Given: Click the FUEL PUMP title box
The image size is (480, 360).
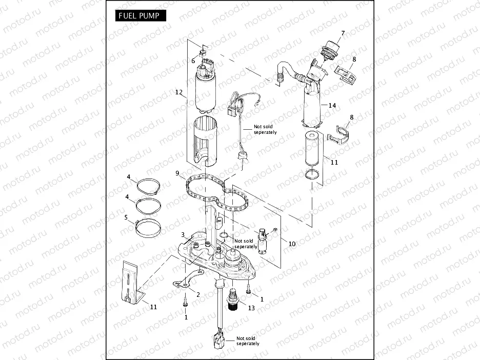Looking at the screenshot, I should [x=137, y=16].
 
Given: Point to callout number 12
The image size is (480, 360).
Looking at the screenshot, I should [x=178, y=93].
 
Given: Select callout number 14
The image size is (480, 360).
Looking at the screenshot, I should [x=332, y=105].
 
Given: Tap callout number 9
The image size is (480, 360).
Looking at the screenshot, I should [x=177, y=173].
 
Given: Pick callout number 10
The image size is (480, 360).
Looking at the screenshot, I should [x=292, y=244].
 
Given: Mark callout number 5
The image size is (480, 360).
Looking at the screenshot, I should [x=126, y=217].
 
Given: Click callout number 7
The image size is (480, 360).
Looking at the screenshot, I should [x=343, y=33].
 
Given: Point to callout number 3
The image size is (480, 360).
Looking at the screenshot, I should [x=182, y=235].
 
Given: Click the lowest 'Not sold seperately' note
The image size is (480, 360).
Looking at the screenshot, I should [x=248, y=341].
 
